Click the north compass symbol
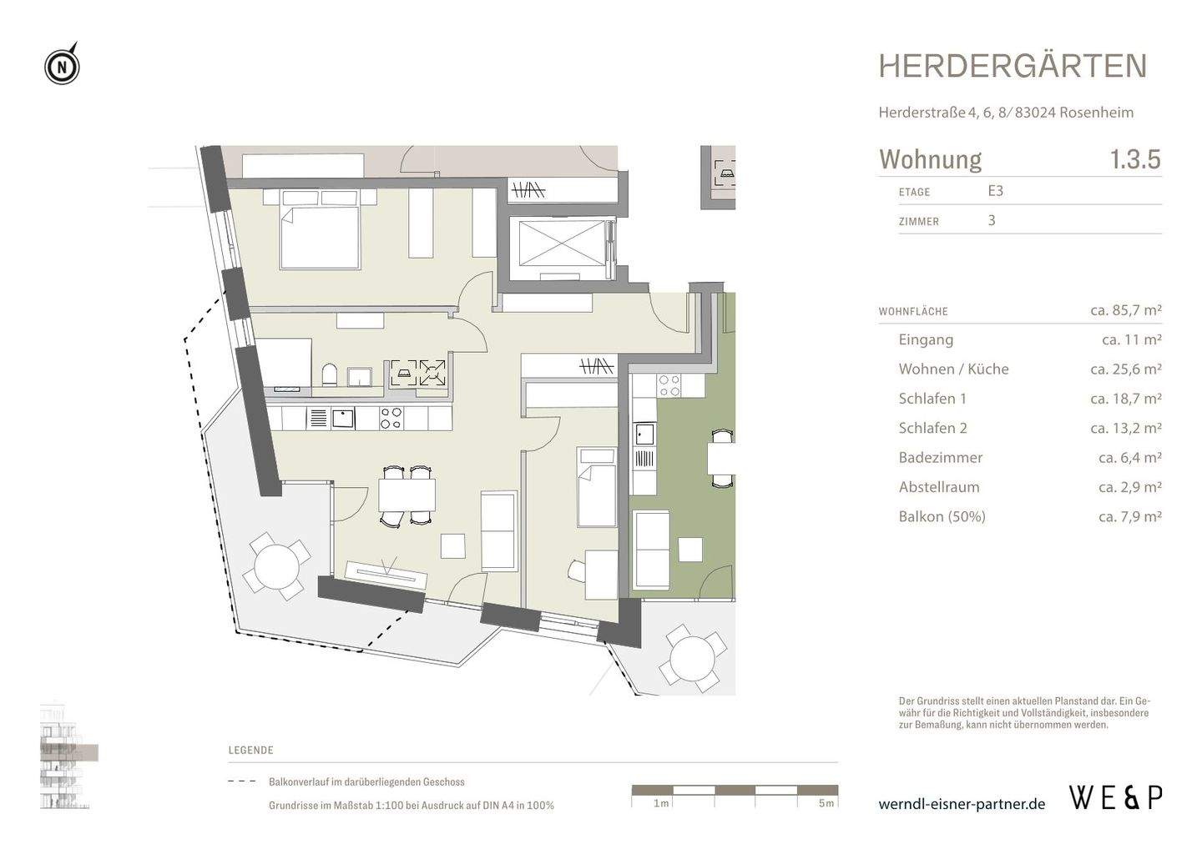click(x=62, y=65)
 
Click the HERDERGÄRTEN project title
click(x=1013, y=66)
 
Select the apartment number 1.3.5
click(x=1134, y=158)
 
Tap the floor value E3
click(x=995, y=191)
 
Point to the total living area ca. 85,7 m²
click(x=1125, y=310)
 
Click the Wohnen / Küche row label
click(x=953, y=369)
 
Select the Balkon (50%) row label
click(x=942, y=516)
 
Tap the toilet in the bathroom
click(x=329, y=374)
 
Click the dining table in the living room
click(x=407, y=495)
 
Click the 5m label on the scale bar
click(x=826, y=803)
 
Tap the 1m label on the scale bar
click(x=660, y=803)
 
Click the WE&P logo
click(x=1115, y=798)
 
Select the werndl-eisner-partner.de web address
click(x=962, y=804)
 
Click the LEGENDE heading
click(x=250, y=750)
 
